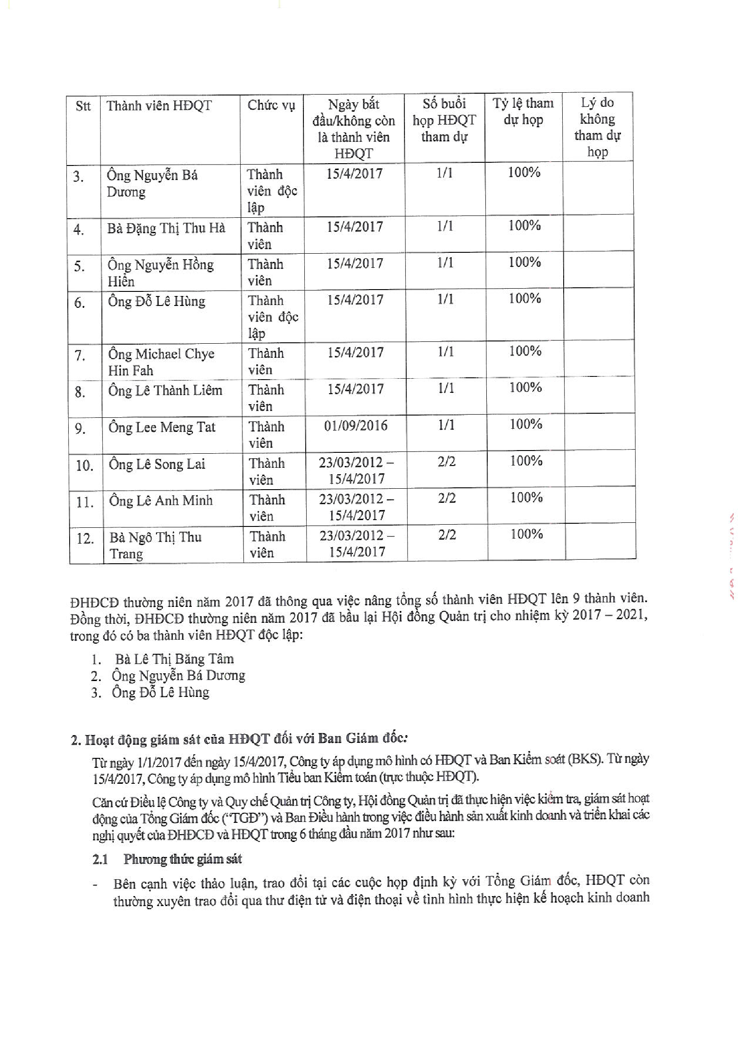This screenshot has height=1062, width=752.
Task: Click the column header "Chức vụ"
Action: point(271,105)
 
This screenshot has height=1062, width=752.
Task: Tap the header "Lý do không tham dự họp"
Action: point(597,127)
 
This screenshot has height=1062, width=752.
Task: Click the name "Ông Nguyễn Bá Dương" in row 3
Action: point(152,183)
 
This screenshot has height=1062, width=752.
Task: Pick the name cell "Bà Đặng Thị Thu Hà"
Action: point(166,228)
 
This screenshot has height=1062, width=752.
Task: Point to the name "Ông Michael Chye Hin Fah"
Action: point(161,362)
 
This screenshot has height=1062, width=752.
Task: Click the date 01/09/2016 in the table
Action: point(356,426)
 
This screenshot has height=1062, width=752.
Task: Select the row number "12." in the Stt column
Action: point(85,539)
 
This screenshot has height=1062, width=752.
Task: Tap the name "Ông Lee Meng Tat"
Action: point(162,427)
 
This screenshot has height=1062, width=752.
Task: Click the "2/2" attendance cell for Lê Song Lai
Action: point(446,462)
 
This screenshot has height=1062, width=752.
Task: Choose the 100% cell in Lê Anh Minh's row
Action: point(526,498)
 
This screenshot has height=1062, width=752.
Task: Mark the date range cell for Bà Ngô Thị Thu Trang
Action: point(357,543)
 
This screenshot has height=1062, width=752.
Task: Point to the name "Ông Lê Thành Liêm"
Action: point(165,391)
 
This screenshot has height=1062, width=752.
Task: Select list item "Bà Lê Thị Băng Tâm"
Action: point(174,659)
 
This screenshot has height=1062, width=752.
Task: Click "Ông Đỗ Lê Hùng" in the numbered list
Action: point(160,693)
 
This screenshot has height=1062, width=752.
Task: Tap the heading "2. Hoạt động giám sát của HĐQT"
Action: point(239,739)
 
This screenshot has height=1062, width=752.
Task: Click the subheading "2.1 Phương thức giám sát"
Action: point(167,859)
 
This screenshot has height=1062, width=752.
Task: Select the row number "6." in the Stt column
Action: point(80,303)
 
